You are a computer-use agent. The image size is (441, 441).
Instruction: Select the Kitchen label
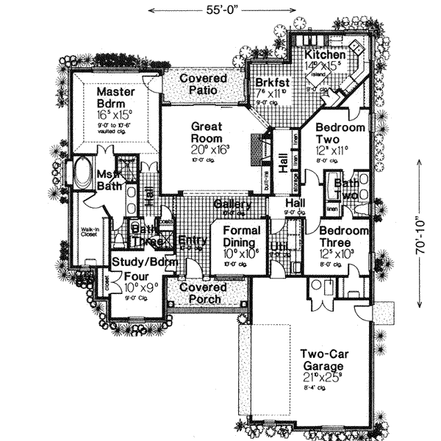tap(324, 55)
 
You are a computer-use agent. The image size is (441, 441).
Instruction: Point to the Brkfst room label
tap(270, 83)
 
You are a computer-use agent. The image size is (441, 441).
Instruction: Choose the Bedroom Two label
tap(340, 133)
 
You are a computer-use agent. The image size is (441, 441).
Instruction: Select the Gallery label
tap(232, 204)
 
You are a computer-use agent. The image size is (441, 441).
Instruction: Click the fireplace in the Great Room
tap(255, 151)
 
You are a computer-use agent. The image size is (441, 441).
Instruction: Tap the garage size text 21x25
tap(321, 378)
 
